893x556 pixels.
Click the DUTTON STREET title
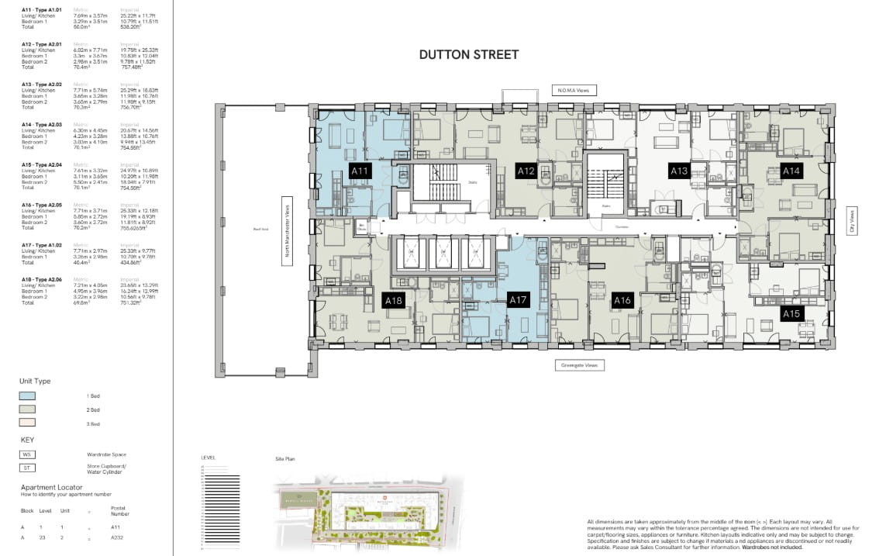468,55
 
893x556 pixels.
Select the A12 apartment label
526,171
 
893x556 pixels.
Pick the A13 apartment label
679,171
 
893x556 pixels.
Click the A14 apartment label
791,171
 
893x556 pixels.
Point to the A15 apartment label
791,313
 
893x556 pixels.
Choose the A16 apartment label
622,300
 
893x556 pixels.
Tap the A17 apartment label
517,300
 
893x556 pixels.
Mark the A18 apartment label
394,300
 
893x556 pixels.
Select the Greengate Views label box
580,365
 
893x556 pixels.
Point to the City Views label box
850,221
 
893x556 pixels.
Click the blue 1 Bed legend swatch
27,395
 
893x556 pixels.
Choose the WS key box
27,454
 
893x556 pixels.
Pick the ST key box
27,468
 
